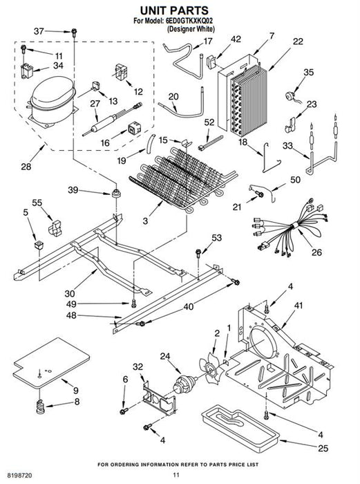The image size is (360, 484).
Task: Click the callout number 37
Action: pos(39,31)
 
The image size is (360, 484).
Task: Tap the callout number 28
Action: pos(26,167)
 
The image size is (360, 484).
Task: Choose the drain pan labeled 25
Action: pos(240,427)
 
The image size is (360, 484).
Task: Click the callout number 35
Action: pos(308,72)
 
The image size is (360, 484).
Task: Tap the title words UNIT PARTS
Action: pos(174,10)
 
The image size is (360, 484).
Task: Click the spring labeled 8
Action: pos(40,407)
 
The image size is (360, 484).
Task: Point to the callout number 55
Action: pos(37,203)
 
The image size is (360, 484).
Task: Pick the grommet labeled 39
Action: pos(115,194)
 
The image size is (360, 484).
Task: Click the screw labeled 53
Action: pos(198,253)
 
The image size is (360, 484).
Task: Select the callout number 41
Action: pos(299,306)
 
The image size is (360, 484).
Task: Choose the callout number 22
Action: pos(298,41)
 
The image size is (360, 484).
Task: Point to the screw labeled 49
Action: pos(133,303)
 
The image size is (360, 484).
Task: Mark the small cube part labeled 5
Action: pos(39,245)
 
